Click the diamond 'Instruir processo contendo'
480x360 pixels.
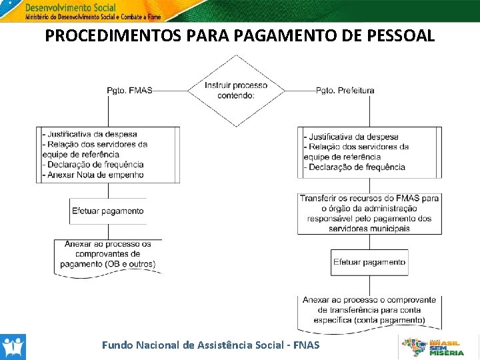236,91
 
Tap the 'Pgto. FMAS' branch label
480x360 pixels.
129,91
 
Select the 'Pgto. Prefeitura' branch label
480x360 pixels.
345,91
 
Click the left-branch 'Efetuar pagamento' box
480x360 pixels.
107,211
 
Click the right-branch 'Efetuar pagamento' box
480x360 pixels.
369,262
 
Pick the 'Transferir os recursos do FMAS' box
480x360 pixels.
369,213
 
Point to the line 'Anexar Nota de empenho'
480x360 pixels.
94,175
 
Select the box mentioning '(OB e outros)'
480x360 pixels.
107,254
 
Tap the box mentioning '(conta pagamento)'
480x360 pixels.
369,310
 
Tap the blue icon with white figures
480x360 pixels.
13,347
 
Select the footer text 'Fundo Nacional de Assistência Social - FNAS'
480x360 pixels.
211,345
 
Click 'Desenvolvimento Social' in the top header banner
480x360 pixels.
69,7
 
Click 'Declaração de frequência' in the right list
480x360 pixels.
356,167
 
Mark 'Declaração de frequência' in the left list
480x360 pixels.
94,165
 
